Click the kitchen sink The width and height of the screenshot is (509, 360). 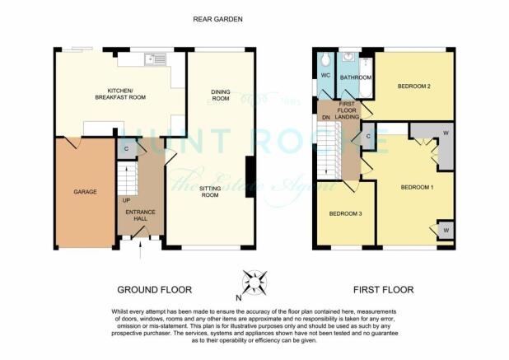tap(156, 59)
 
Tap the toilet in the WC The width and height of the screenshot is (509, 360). tap(325, 59)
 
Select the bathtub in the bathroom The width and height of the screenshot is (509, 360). tap(366, 77)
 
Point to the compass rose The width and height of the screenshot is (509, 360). tap(255, 283)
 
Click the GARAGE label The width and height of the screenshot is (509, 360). tap(85, 192)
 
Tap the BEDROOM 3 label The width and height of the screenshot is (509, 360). tap(345, 213)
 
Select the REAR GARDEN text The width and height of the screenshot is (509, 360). tap(217, 19)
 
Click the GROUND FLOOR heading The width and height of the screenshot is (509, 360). tap(155, 289)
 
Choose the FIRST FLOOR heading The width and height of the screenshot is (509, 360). tap(383, 289)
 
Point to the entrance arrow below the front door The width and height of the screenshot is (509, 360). tap(140, 250)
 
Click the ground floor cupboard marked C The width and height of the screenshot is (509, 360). tap(127, 149)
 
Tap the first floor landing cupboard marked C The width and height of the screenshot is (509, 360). tap(368, 137)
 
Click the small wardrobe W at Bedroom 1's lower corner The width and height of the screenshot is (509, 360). tap(446, 231)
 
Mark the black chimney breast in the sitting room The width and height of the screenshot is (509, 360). tap(250, 177)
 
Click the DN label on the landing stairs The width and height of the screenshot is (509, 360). tap(326, 118)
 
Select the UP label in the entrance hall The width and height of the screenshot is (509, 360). tap(126, 201)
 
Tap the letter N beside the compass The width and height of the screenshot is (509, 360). tap(239, 297)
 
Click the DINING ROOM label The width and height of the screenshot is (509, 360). tap(221, 95)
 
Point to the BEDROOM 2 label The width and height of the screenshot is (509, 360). tap(414, 86)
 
